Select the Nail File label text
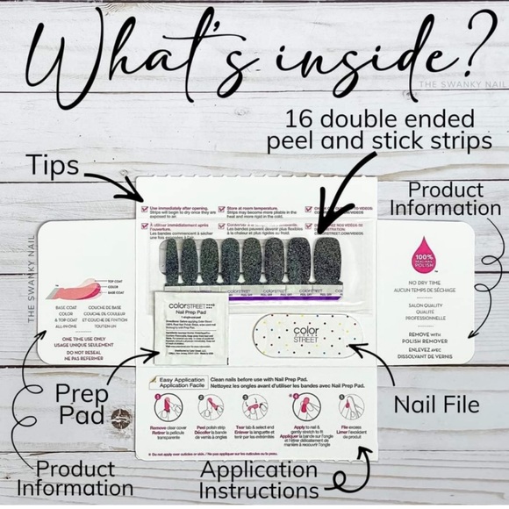click(435, 405)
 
